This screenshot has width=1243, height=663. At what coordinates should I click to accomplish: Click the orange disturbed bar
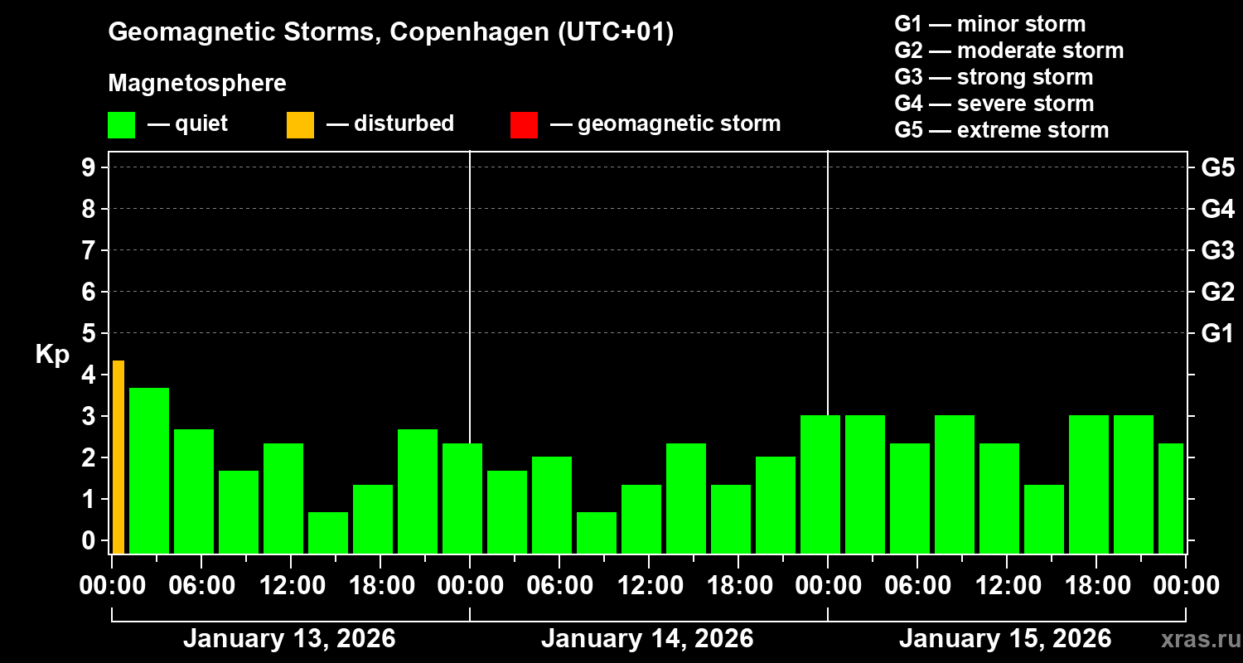(118, 457)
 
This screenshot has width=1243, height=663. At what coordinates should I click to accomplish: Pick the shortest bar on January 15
(1044, 519)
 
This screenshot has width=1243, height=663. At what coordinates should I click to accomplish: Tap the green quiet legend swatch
(121, 124)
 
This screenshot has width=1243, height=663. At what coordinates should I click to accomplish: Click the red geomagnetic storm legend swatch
(524, 124)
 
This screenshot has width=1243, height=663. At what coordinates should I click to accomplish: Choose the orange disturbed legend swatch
(300, 124)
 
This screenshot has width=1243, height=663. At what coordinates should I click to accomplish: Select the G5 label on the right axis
(1217, 167)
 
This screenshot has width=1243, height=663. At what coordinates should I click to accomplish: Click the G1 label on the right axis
(1217, 333)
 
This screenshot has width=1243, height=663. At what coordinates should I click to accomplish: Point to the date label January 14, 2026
(647, 639)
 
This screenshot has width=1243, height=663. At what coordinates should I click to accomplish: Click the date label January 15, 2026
(1005, 639)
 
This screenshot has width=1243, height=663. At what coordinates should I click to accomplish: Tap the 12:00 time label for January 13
(292, 586)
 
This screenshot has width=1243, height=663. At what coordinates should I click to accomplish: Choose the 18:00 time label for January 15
(1096, 586)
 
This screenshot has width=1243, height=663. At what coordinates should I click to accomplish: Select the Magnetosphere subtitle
(197, 84)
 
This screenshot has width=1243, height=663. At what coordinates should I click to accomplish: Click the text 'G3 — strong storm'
(994, 77)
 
